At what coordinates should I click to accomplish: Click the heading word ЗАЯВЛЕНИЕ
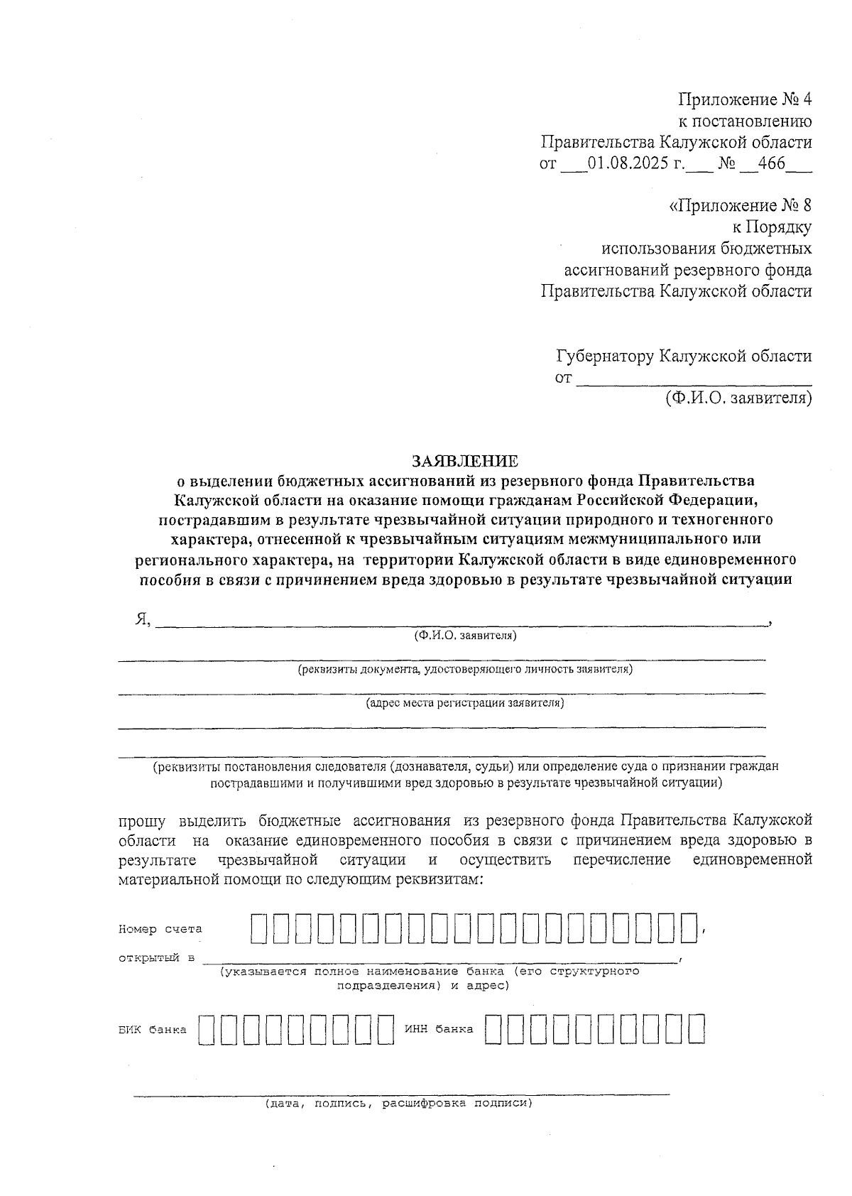(x=465, y=462)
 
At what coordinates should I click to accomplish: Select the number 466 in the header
(x=771, y=163)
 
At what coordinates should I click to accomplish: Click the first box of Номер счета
(x=259, y=928)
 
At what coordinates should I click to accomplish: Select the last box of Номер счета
(x=688, y=928)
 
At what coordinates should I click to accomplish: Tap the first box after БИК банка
(x=207, y=1029)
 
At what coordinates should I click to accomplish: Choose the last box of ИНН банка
(x=696, y=1029)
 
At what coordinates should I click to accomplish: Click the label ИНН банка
(x=439, y=1029)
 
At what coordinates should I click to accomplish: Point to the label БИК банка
(x=153, y=1030)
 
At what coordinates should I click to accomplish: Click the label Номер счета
(x=160, y=929)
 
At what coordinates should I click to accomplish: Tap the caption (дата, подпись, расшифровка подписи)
(x=398, y=1104)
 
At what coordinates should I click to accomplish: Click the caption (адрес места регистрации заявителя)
(x=465, y=703)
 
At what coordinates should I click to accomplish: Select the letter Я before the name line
(x=141, y=619)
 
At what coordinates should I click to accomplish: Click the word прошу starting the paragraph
(x=142, y=821)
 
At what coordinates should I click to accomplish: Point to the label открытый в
(x=156, y=958)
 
